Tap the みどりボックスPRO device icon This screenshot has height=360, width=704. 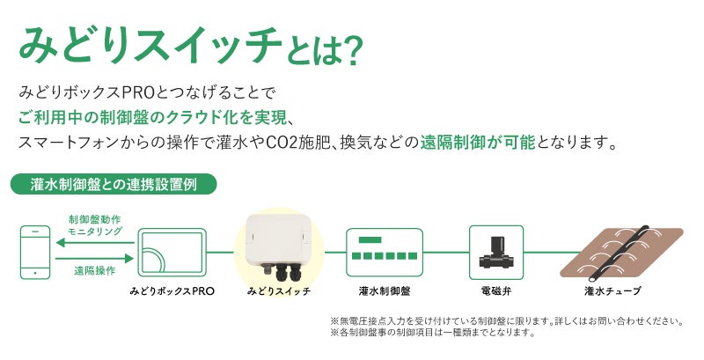pyautogui.click(x=172, y=253)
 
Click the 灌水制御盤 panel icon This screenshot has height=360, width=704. pyautogui.click(x=384, y=252)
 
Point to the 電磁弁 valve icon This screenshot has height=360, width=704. pyautogui.click(x=495, y=250)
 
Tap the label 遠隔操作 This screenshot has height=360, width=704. pyautogui.click(x=94, y=271)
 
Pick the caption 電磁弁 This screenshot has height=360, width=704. pyautogui.click(x=495, y=290)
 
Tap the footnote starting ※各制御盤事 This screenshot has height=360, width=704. pyautogui.click(x=432, y=334)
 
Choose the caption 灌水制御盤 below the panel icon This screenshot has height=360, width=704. pyautogui.click(x=384, y=290)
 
